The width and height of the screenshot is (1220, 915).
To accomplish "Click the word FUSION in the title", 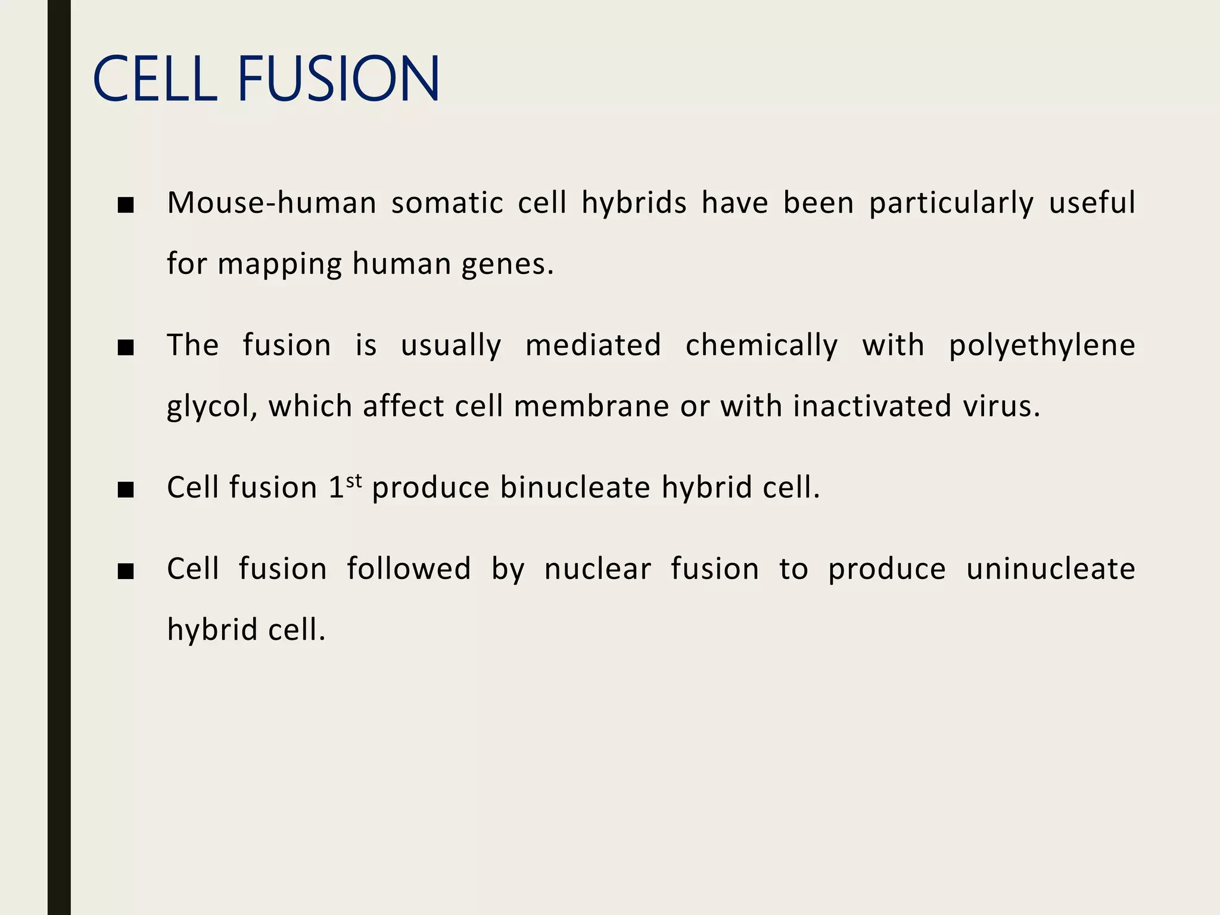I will (x=338, y=79).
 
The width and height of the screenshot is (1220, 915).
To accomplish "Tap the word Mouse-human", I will (x=272, y=203).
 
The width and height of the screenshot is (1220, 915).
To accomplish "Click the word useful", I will (x=1092, y=203).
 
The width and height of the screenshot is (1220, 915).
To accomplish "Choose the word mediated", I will (x=593, y=345).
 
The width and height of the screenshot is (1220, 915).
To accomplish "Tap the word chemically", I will (x=761, y=346).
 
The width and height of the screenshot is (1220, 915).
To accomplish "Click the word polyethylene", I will (x=1042, y=346).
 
